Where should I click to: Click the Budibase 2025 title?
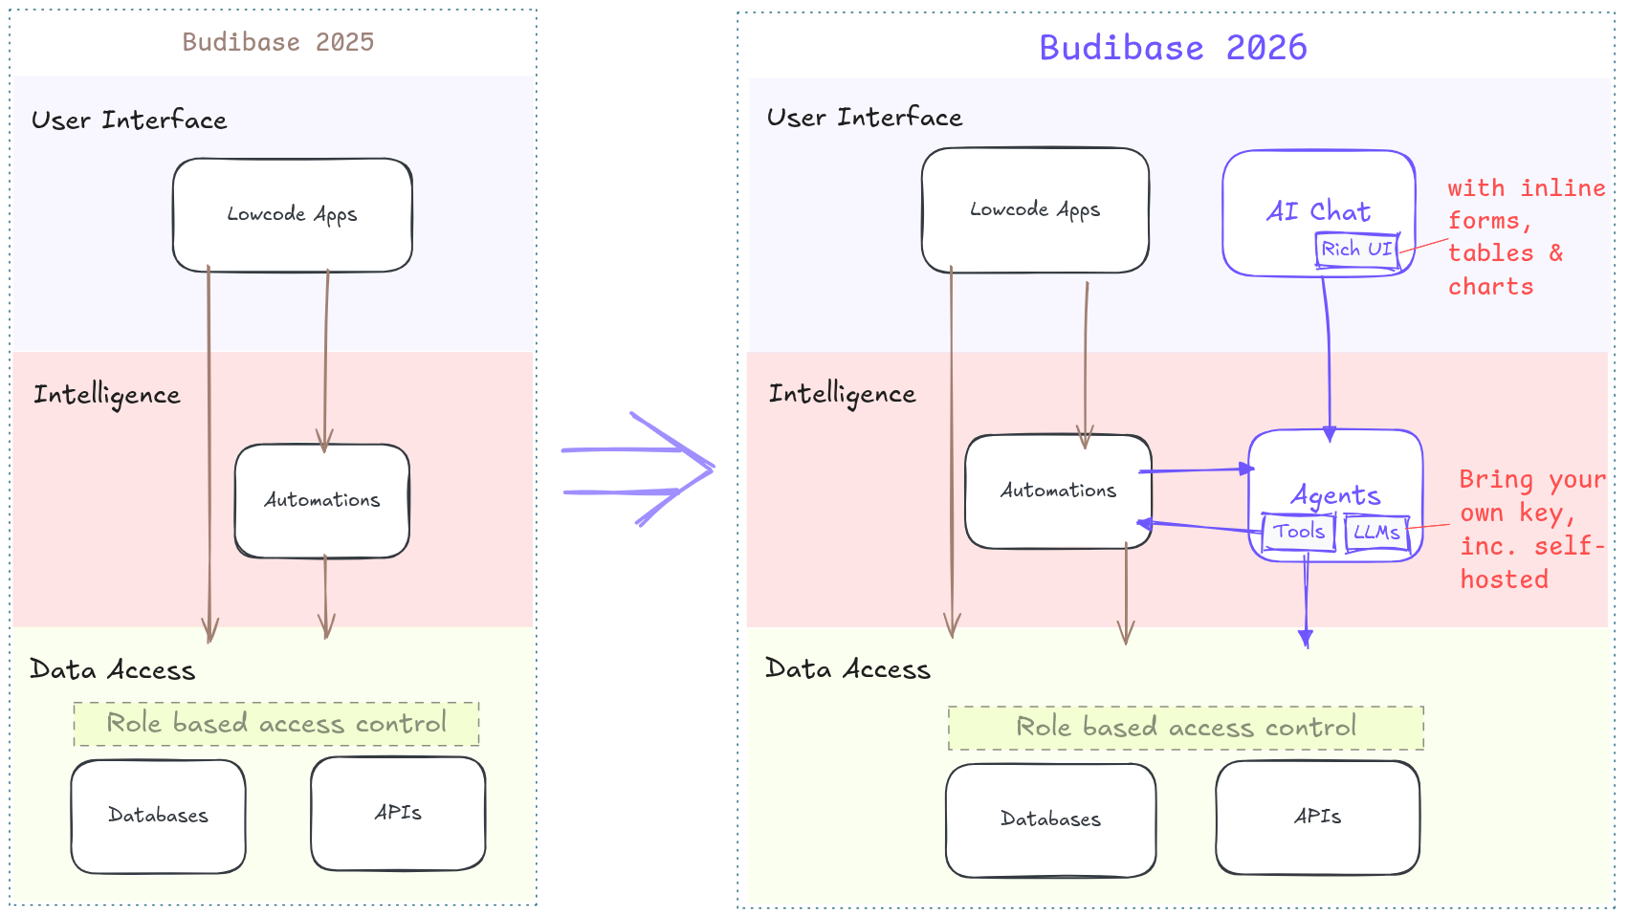277,42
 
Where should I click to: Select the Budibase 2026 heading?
1173,48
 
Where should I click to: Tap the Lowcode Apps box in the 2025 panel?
292,215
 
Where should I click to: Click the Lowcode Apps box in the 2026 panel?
1035,210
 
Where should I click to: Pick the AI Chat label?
1318,211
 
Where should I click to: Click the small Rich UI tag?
1356,250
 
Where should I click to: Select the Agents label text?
1335,494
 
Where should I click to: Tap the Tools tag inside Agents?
1298,532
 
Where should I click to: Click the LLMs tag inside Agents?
1376,533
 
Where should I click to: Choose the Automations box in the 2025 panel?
322,500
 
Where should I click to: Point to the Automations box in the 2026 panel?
1058,491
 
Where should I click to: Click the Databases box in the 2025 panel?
158,816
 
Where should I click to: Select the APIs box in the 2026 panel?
1317,817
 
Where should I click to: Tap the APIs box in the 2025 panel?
398,813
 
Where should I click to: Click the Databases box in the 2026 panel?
1050,819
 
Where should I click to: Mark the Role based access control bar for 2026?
1185,728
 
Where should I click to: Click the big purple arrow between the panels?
639,469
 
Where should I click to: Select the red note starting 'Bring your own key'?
1530,529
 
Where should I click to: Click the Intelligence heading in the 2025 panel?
107,395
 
